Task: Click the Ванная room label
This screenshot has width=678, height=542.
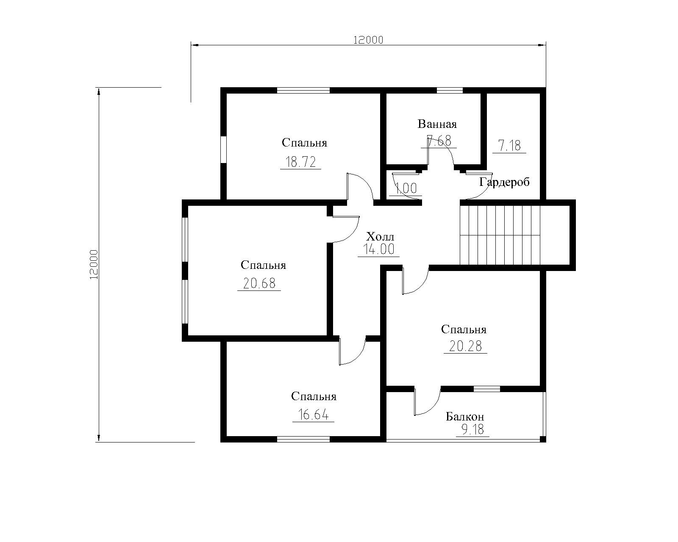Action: pos(437,124)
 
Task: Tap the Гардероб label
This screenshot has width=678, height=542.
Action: pos(504,182)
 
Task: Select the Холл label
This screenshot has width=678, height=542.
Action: pos(380,237)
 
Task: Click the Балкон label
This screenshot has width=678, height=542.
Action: pos(465,417)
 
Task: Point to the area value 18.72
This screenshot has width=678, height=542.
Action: pos(300,162)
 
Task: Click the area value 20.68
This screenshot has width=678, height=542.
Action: pos(259,283)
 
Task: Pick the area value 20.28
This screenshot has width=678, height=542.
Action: pos(465,346)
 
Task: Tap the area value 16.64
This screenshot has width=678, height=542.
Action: pos(313,415)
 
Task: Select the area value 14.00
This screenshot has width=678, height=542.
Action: pos(379,249)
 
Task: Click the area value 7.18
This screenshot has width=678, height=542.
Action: pos(509,146)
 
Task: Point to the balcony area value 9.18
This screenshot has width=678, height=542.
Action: pos(472,429)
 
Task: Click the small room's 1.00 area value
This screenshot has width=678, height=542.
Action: pos(406,188)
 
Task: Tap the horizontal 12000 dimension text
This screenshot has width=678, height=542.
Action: pos(368,40)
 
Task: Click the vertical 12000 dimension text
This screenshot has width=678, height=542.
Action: pos(94,265)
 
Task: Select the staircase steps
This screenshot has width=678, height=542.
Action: pos(500,235)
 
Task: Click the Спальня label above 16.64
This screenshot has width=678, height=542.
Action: pos(314,396)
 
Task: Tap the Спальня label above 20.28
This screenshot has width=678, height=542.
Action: pos(464,329)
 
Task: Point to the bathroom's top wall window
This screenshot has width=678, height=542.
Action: pos(450,90)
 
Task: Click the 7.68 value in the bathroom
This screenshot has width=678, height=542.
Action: pos(439,141)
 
